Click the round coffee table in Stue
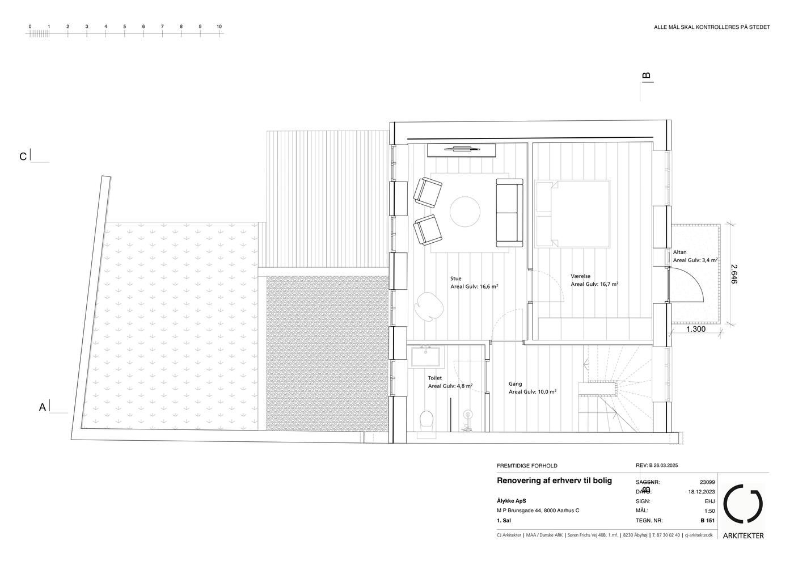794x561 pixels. click(464, 212)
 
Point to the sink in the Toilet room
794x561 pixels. click(425, 357)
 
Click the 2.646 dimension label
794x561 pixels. click(733, 274)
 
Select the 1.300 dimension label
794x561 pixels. click(696, 329)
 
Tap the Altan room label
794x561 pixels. click(679, 252)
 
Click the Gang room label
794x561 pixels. click(515, 383)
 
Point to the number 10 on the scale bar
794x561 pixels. click(219, 27)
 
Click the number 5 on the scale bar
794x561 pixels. click(124, 27)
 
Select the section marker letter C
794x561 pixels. click(23, 157)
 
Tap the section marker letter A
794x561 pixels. click(42, 407)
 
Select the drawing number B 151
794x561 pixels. click(708, 521)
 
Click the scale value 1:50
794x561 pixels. click(709, 511)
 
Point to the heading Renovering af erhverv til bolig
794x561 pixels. click(555, 480)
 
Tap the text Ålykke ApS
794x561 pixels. click(512, 501)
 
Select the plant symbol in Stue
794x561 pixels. click(429, 306)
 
